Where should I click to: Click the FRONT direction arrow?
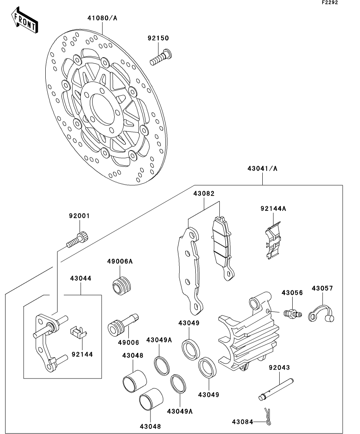pyautogui.click(x=25, y=20)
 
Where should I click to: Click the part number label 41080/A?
pyautogui.click(x=102, y=18)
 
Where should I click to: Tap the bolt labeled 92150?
pyautogui.click(x=160, y=57)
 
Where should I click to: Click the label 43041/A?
pyautogui.click(x=262, y=168)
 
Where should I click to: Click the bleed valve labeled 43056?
pyautogui.click(x=292, y=314)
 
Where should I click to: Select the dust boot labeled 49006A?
pyautogui.click(x=121, y=285)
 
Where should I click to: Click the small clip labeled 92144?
pyautogui.click(x=78, y=332)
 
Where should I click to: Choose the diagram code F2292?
pyautogui.click(x=330, y=2)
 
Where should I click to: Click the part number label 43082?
pyautogui.click(x=204, y=194)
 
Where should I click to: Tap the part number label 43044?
pyautogui.click(x=81, y=279)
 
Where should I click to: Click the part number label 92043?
pyautogui.click(x=279, y=368)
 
